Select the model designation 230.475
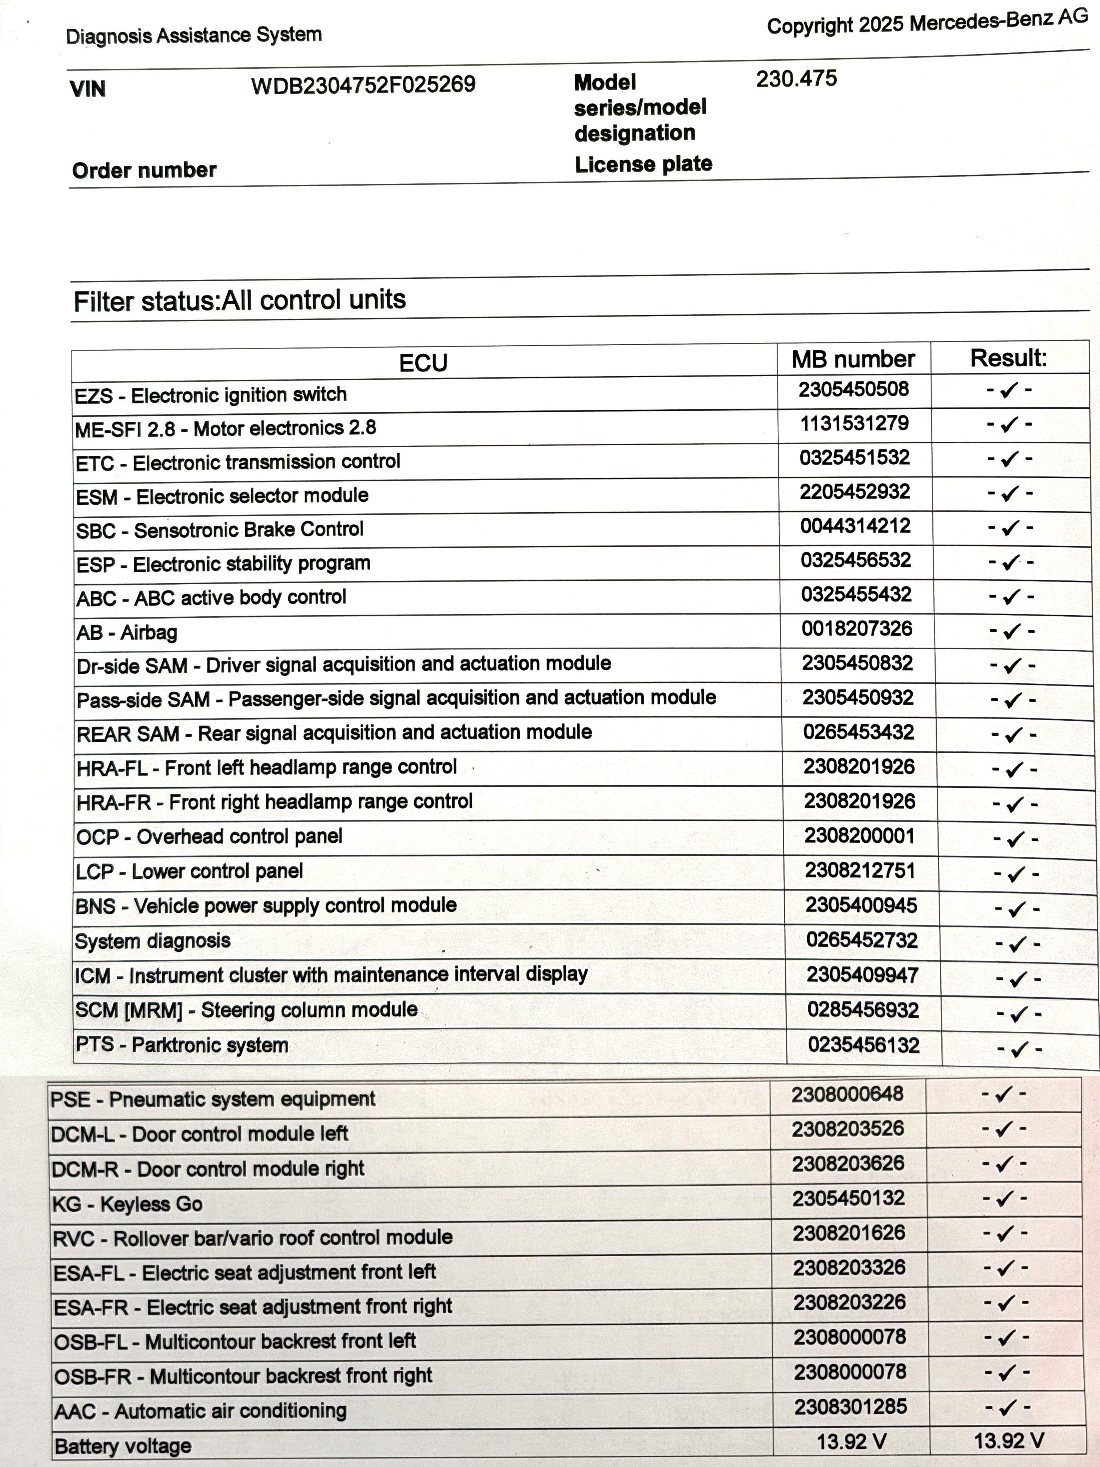point(796,79)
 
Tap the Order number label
point(144,170)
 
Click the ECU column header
point(423,363)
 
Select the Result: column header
point(1008,358)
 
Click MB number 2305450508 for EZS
point(853,389)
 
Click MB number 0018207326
point(857,629)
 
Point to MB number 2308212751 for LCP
point(860,871)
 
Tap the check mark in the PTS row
point(1019,1049)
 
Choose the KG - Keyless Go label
point(127,1204)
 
